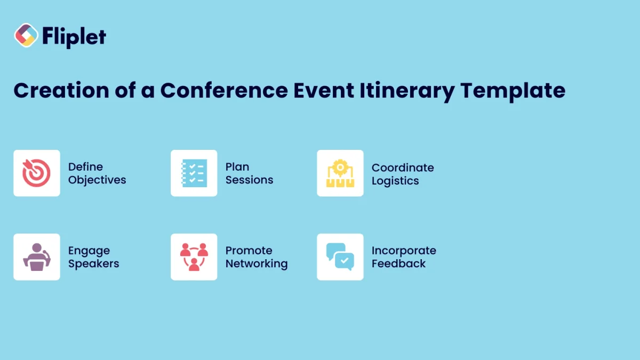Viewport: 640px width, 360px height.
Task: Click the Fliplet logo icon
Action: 26,36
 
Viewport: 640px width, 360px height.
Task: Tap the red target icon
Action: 37,173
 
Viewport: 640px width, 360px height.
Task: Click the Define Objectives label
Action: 97,173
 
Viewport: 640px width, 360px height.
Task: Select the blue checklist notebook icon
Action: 194,173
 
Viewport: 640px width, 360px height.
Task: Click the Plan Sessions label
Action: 249,173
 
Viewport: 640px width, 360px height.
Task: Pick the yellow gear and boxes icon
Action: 340,173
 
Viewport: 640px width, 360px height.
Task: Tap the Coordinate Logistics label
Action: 403,174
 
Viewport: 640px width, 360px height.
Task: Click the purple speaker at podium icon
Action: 37,257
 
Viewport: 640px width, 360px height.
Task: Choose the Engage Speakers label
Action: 93,257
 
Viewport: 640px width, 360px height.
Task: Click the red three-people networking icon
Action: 194,257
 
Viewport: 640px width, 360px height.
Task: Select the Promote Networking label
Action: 256,257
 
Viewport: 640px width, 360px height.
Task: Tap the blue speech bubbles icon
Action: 340,257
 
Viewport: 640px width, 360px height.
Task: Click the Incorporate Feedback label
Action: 404,257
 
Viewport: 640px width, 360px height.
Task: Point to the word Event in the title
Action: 322,90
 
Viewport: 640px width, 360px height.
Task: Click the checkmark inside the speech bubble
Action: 345,261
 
